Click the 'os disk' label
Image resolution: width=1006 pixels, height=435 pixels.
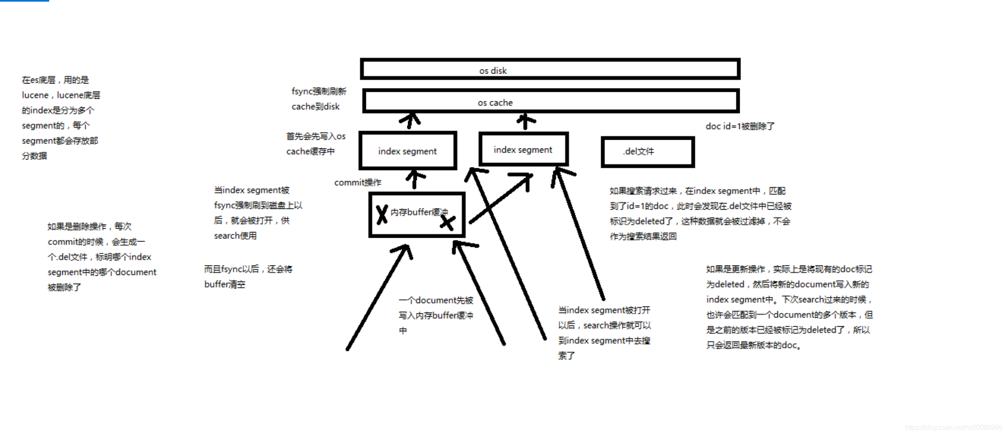point(493,71)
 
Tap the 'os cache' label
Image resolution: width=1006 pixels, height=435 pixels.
point(495,103)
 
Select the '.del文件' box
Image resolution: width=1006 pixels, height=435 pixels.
point(648,152)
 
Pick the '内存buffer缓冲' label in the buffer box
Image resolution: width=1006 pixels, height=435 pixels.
point(419,212)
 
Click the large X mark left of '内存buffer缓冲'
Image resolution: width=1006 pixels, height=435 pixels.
point(382,214)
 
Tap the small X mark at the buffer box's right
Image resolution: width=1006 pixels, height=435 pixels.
point(447,222)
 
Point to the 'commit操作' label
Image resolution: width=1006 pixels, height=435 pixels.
point(358,182)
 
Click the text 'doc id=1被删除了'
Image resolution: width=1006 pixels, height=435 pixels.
point(740,126)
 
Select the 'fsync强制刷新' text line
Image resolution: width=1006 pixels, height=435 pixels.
point(319,91)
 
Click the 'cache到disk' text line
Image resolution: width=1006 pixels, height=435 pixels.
point(315,107)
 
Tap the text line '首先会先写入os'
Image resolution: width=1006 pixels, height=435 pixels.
point(315,136)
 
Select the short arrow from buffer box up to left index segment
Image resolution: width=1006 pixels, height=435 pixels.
point(415,179)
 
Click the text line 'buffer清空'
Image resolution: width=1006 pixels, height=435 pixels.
point(225,284)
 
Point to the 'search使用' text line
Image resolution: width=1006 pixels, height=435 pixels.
point(235,236)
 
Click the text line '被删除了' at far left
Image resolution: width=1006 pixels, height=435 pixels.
point(64,287)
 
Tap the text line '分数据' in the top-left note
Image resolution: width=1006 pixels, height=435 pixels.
point(34,156)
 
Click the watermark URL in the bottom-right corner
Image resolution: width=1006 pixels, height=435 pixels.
point(953,427)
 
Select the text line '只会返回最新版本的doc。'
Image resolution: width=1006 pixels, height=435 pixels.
point(753,345)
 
